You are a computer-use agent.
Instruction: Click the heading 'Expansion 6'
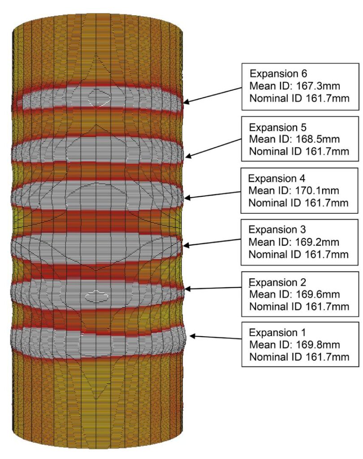point(278,74)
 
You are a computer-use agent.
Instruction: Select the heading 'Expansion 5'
point(277,128)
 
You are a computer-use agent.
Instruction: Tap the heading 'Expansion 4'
point(277,178)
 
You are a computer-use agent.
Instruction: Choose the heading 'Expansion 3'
point(277,230)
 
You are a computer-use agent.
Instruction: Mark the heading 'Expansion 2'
point(277,282)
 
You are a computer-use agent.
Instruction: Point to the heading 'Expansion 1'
point(277,333)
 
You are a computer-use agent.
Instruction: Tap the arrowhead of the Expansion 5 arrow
point(187,156)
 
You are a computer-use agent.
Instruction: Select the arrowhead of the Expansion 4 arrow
point(187,198)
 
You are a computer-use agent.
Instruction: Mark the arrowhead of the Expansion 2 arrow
point(187,289)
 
